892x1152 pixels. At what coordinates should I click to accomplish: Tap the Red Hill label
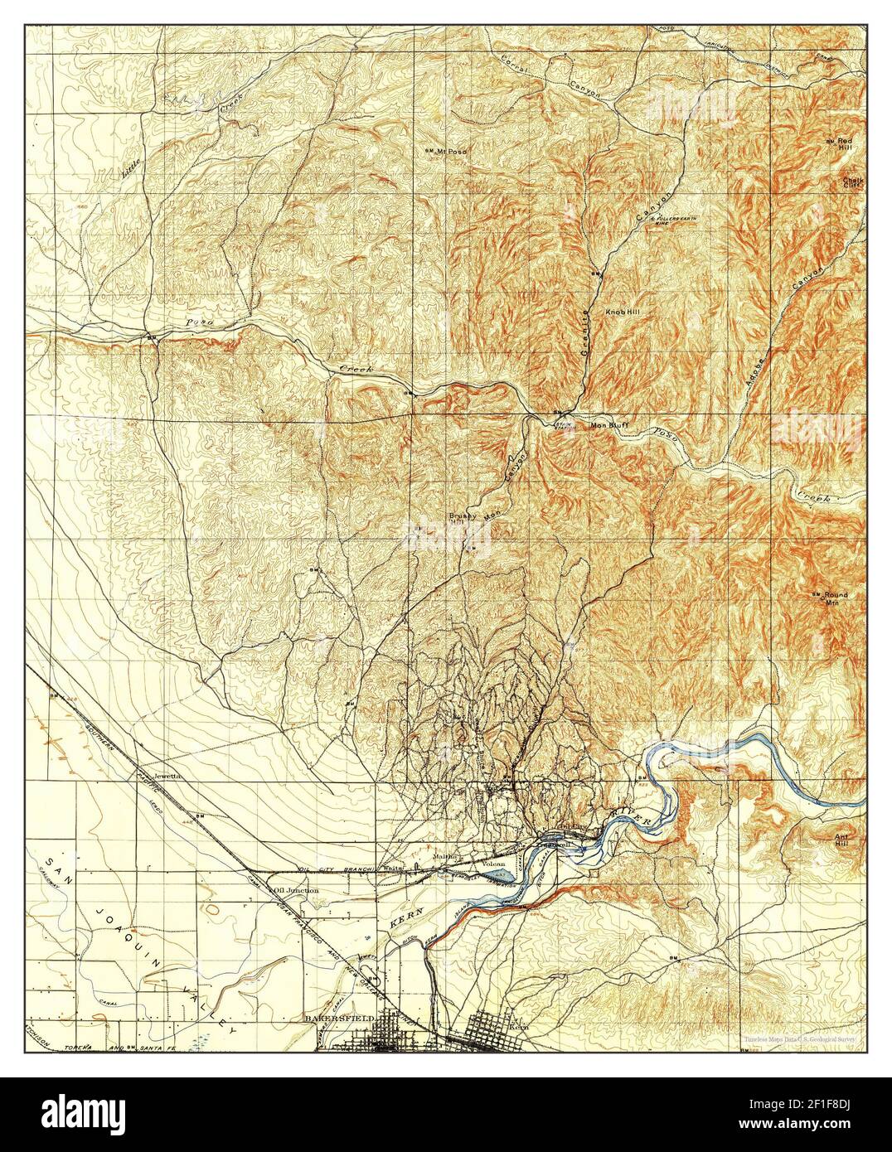click(845, 143)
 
